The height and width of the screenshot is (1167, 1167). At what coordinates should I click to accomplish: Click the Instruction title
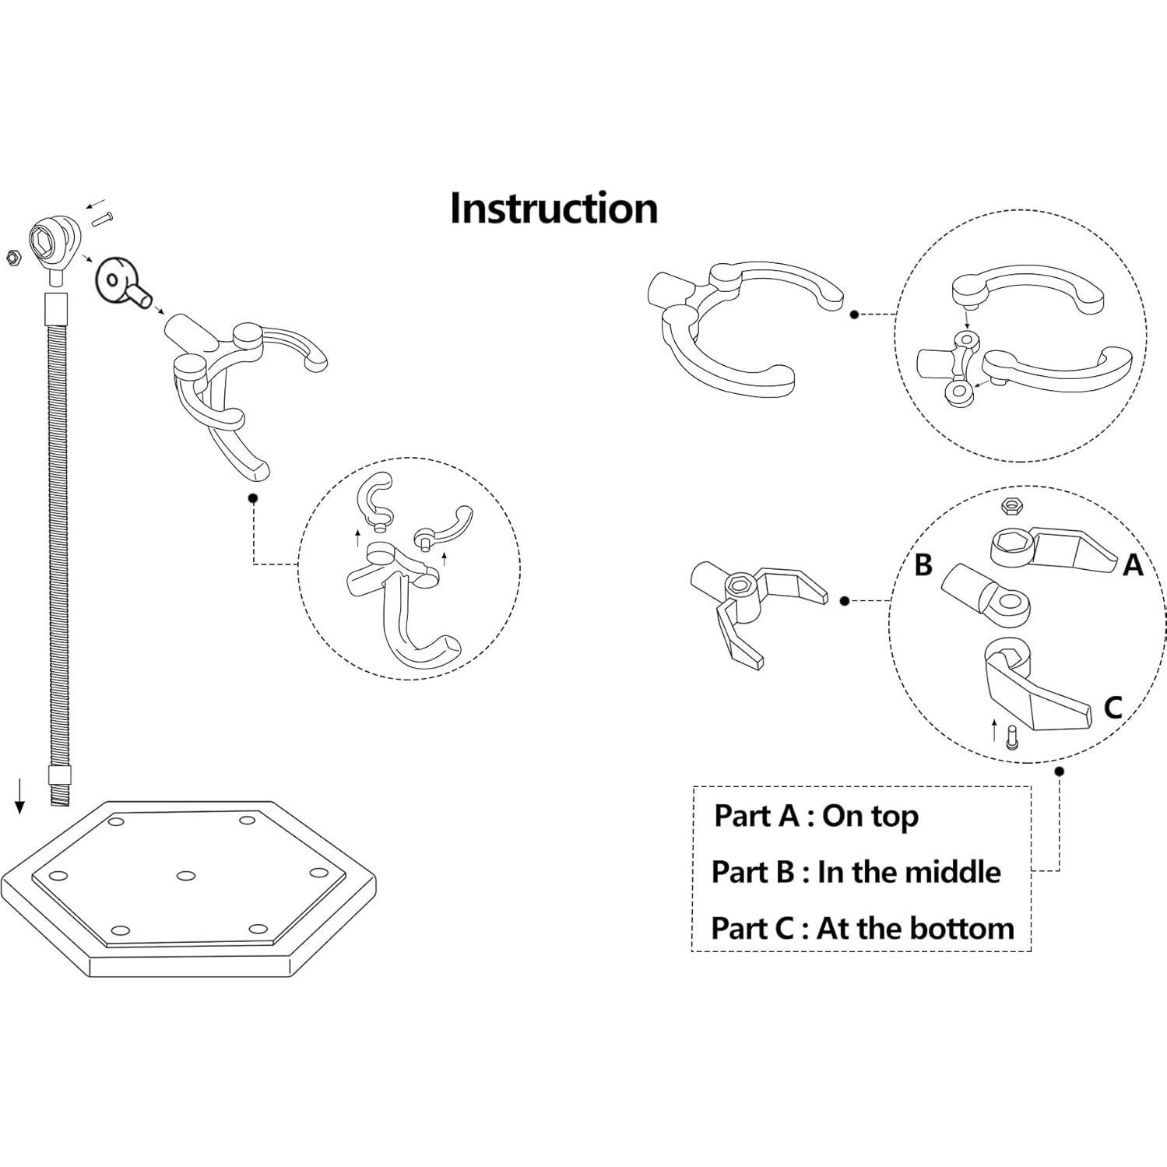554,209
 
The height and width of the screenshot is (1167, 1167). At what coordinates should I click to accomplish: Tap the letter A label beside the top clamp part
1133,566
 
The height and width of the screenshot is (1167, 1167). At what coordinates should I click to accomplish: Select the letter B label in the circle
923,564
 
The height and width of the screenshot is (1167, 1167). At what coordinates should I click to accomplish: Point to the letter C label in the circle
1113,708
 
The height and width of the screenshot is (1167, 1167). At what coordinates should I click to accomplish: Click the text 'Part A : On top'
816,816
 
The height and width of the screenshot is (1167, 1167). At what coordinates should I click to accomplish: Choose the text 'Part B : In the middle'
856,872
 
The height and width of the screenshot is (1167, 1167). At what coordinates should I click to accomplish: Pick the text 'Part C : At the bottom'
863,928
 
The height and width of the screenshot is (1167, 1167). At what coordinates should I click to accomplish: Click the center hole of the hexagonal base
185,876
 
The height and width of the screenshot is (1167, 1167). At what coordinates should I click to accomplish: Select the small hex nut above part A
1011,506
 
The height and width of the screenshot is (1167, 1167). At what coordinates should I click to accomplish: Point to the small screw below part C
1011,736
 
